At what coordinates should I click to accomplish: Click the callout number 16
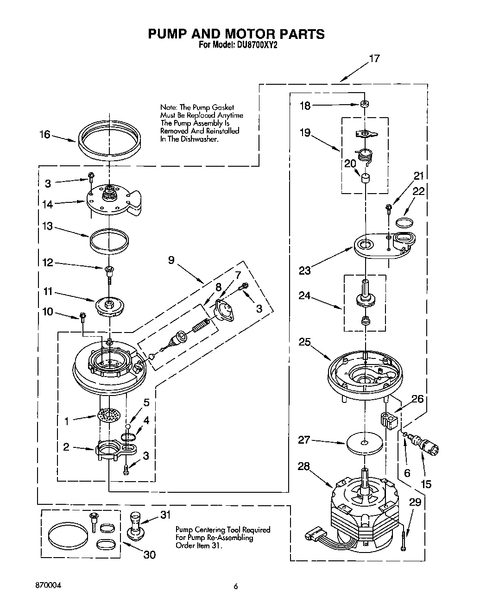click(x=44, y=134)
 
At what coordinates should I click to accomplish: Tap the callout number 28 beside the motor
click(x=304, y=466)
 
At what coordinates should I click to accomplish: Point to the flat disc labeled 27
click(x=365, y=443)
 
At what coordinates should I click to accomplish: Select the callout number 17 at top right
click(x=374, y=59)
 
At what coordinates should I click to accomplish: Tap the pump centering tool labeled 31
click(x=135, y=525)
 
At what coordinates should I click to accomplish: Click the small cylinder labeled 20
click(x=366, y=178)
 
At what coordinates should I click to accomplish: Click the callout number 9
click(x=171, y=260)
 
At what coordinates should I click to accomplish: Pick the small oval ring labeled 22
click(x=404, y=222)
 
